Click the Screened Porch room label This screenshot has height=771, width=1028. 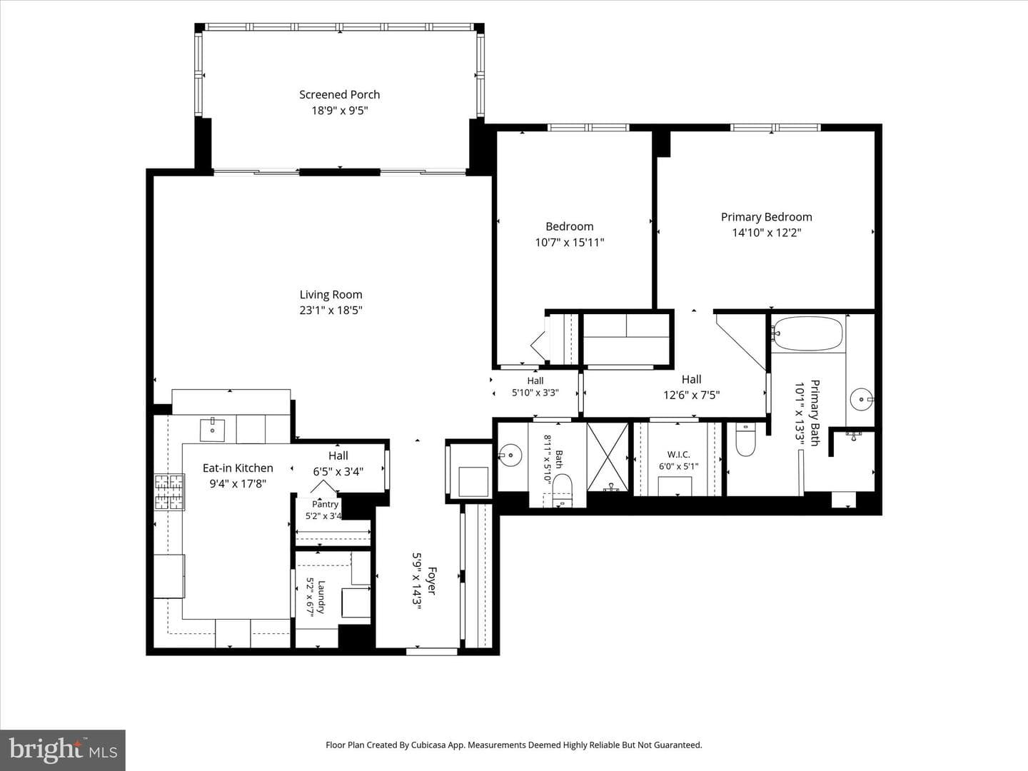click(340, 94)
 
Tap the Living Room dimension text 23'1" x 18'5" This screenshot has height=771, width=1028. click(331, 311)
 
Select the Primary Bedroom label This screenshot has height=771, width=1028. click(766, 217)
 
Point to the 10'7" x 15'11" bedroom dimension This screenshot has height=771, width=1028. click(570, 243)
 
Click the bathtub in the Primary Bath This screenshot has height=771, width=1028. click(807, 334)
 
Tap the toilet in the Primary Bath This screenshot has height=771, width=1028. click(745, 439)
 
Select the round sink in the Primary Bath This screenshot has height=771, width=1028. click(862, 399)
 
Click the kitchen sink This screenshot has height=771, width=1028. click(212, 430)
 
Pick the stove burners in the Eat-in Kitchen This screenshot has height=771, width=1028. click(169, 492)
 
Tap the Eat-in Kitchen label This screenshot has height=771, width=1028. click(238, 468)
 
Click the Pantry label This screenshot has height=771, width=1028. click(325, 504)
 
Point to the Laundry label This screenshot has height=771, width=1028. click(321, 597)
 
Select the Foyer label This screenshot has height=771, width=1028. click(432, 581)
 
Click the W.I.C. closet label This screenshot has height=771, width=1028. click(679, 454)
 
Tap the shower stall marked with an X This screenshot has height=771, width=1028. click(608, 457)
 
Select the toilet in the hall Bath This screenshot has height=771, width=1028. click(562, 490)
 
